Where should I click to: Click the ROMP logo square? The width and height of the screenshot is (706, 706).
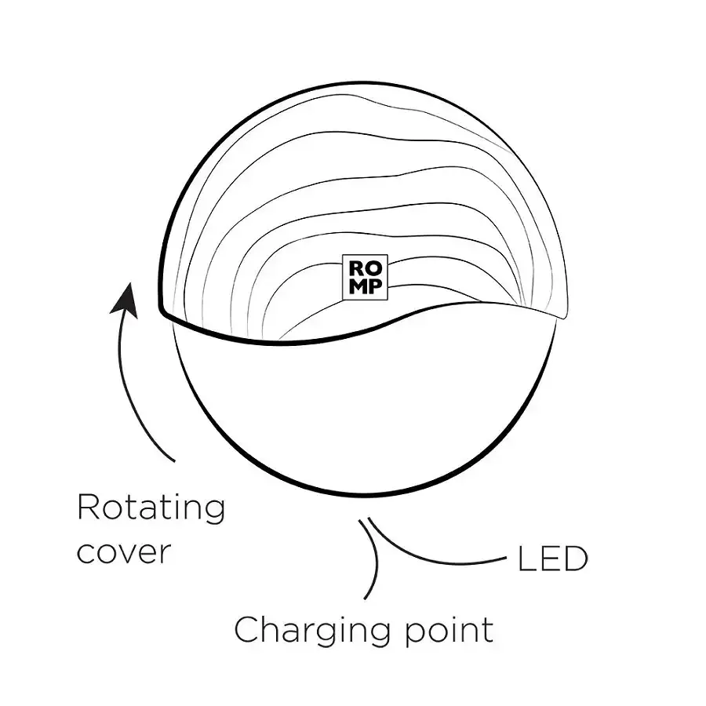(x=365, y=278)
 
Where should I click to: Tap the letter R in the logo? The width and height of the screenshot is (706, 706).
(x=355, y=269)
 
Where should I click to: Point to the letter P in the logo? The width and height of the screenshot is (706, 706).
(x=375, y=287)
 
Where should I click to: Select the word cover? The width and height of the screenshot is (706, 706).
(x=124, y=551)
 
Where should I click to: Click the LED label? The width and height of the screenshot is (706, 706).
(x=553, y=559)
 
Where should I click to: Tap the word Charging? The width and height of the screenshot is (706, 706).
(x=311, y=631)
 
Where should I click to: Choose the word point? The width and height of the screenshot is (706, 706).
(x=449, y=631)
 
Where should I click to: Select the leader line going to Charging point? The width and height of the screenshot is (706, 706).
(x=373, y=559)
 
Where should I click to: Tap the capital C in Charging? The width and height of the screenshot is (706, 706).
(x=247, y=629)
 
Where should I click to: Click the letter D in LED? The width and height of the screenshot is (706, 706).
(x=576, y=559)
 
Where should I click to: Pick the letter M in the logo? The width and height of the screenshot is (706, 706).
(x=358, y=287)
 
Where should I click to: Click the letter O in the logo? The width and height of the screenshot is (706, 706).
(x=373, y=269)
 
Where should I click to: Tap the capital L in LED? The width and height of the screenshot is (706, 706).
(x=526, y=559)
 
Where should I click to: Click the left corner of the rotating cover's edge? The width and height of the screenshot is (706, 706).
(x=161, y=310)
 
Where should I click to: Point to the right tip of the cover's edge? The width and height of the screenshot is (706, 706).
(x=565, y=318)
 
